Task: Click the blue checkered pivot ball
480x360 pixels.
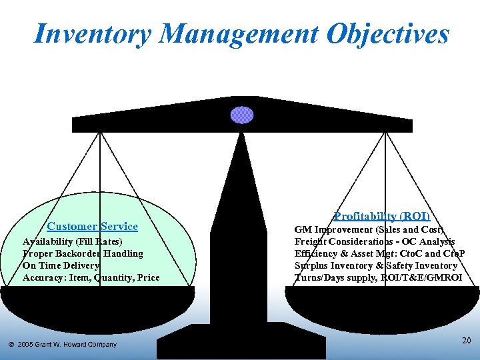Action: pyautogui.click(x=242, y=115)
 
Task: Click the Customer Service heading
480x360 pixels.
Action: pyautogui.click(x=93, y=227)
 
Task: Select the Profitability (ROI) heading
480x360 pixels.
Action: pyautogui.click(x=382, y=216)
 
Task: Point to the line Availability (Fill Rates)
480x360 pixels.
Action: pyautogui.click(x=73, y=241)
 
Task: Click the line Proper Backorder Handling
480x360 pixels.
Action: pyautogui.click(x=83, y=253)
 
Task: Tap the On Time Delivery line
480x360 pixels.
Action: pyautogui.click(x=61, y=265)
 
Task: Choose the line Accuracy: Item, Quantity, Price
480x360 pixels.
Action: pyautogui.click(x=91, y=277)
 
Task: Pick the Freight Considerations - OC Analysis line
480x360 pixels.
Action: pyautogui.click(x=375, y=241)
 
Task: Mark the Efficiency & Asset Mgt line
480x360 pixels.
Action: pyautogui.click(x=379, y=253)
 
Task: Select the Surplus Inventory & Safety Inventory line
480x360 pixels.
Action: pyautogui.click(x=376, y=265)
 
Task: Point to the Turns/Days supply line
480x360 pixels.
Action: pyautogui.click(x=378, y=277)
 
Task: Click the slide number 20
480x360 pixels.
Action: pyautogui.click(x=466, y=341)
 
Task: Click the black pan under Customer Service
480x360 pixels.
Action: pyautogui.click(x=97, y=307)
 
